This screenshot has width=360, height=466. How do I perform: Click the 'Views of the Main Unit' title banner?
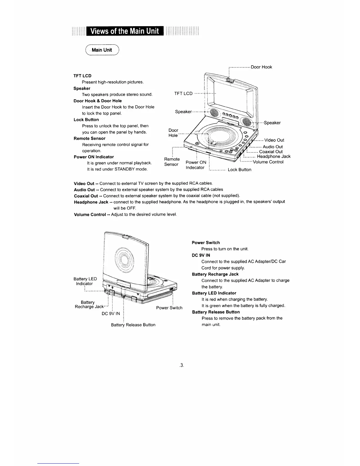pyautogui.click(x=125, y=31)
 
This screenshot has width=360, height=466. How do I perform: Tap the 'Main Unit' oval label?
pyautogui.click(x=102, y=50)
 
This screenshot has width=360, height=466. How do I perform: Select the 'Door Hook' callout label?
pyautogui.click(x=261, y=67)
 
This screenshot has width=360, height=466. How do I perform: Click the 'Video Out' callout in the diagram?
pyautogui.click(x=274, y=140)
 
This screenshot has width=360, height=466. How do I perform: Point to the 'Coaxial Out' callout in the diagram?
pyautogui.click(x=271, y=152)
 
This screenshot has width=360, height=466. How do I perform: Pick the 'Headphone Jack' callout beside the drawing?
pyautogui.click(x=274, y=157)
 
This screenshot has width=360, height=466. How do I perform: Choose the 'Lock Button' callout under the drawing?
pyautogui.click(x=239, y=170)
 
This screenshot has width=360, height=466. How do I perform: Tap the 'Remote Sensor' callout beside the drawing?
pyautogui.click(x=172, y=162)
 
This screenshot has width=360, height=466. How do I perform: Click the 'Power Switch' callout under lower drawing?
pyautogui.click(x=169, y=308)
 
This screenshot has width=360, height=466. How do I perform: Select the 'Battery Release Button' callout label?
pyautogui.click(x=133, y=325)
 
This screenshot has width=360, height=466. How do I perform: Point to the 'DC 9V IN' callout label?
pyautogui.click(x=111, y=314)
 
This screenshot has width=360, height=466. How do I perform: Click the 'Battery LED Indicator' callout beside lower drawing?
pyautogui.click(x=85, y=281)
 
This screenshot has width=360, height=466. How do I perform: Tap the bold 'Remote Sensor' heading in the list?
pyautogui.click(x=89, y=138)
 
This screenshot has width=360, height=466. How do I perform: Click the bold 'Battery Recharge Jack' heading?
pyautogui.click(x=215, y=274)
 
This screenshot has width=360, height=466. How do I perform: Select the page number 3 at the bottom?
pyautogui.click(x=181, y=365)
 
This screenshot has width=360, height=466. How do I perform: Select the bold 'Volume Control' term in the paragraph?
pyautogui.click(x=90, y=214)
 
